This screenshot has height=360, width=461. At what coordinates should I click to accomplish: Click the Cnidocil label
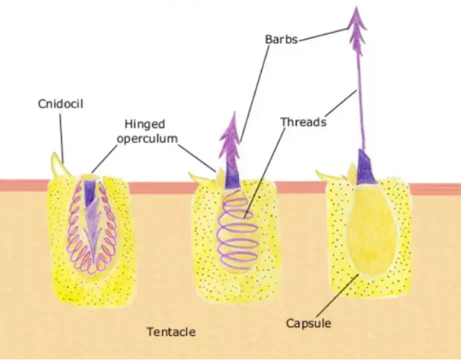(60, 103)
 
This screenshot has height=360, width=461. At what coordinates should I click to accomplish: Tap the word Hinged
(145, 124)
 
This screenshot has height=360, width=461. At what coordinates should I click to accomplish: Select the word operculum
(148, 138)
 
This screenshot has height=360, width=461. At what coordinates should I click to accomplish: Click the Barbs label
(282, 40)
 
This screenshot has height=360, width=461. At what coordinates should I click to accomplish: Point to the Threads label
(304, 122)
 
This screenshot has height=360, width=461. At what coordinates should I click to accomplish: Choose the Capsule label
(309, 323)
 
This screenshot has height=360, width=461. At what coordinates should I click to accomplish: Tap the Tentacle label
(171, 332)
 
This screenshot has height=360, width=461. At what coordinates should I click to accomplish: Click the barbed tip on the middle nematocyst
(231, 138)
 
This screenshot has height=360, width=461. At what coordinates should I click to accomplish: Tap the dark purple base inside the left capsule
(89, 193)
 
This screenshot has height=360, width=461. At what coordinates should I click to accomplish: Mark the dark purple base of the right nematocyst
(365, 167)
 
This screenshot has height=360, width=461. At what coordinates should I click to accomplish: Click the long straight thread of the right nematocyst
(361, 103)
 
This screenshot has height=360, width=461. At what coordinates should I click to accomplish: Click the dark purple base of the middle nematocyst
(232, 176)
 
